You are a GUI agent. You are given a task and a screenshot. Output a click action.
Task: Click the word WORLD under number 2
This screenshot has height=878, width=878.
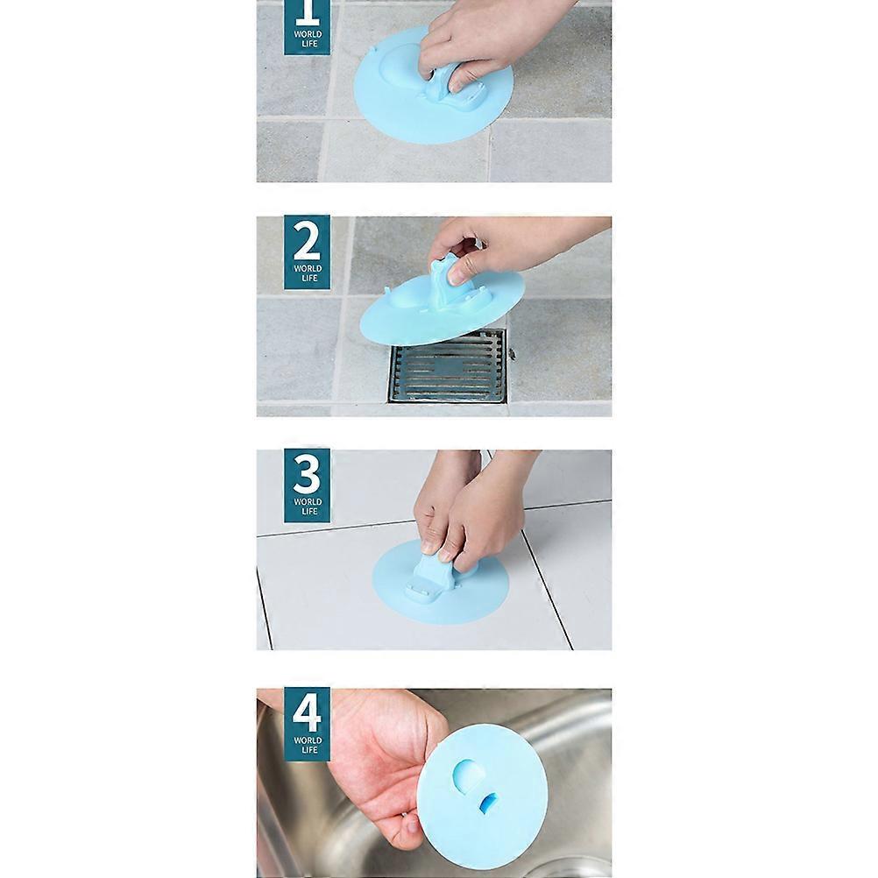(x=307, y=268)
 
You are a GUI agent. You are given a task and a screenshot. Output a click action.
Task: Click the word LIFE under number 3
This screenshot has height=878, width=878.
(x=307, y=511)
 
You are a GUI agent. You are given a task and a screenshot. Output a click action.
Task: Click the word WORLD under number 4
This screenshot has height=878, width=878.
(x=307, y=740)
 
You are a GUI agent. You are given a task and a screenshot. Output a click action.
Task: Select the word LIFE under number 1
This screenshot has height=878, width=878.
(x=307, y=44)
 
